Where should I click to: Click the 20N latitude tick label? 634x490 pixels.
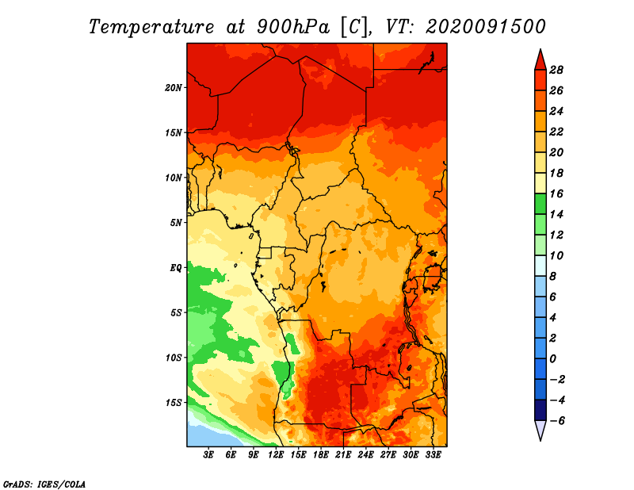[173, 88]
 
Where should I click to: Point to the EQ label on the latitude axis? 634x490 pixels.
[175, 268]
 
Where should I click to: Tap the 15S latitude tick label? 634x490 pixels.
[173, 403]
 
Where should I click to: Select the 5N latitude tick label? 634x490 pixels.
[175, 223]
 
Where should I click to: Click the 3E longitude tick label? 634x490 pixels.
[208, 455]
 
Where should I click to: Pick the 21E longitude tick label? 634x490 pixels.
[343, 455]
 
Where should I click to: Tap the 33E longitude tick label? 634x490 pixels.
[433, 455]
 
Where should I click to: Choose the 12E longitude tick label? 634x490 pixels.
[276, 455]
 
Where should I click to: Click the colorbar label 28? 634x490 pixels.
[556, 70]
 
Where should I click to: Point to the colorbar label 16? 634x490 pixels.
[556, 193]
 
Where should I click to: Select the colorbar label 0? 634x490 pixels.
[552, 359]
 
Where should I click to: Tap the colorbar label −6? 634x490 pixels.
[556, 421]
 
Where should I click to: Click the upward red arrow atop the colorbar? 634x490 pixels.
[540, 60]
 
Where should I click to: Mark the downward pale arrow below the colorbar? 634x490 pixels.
[540, 431]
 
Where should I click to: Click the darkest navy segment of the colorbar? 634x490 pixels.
[540, 410]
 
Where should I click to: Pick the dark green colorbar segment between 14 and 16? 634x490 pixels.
[540, 204]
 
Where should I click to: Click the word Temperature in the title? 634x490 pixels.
[151, 27]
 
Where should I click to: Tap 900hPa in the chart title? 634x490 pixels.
[293, 27]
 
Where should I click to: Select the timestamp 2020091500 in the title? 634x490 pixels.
[486, 27]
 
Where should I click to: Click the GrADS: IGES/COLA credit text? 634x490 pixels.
[44, 484]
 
